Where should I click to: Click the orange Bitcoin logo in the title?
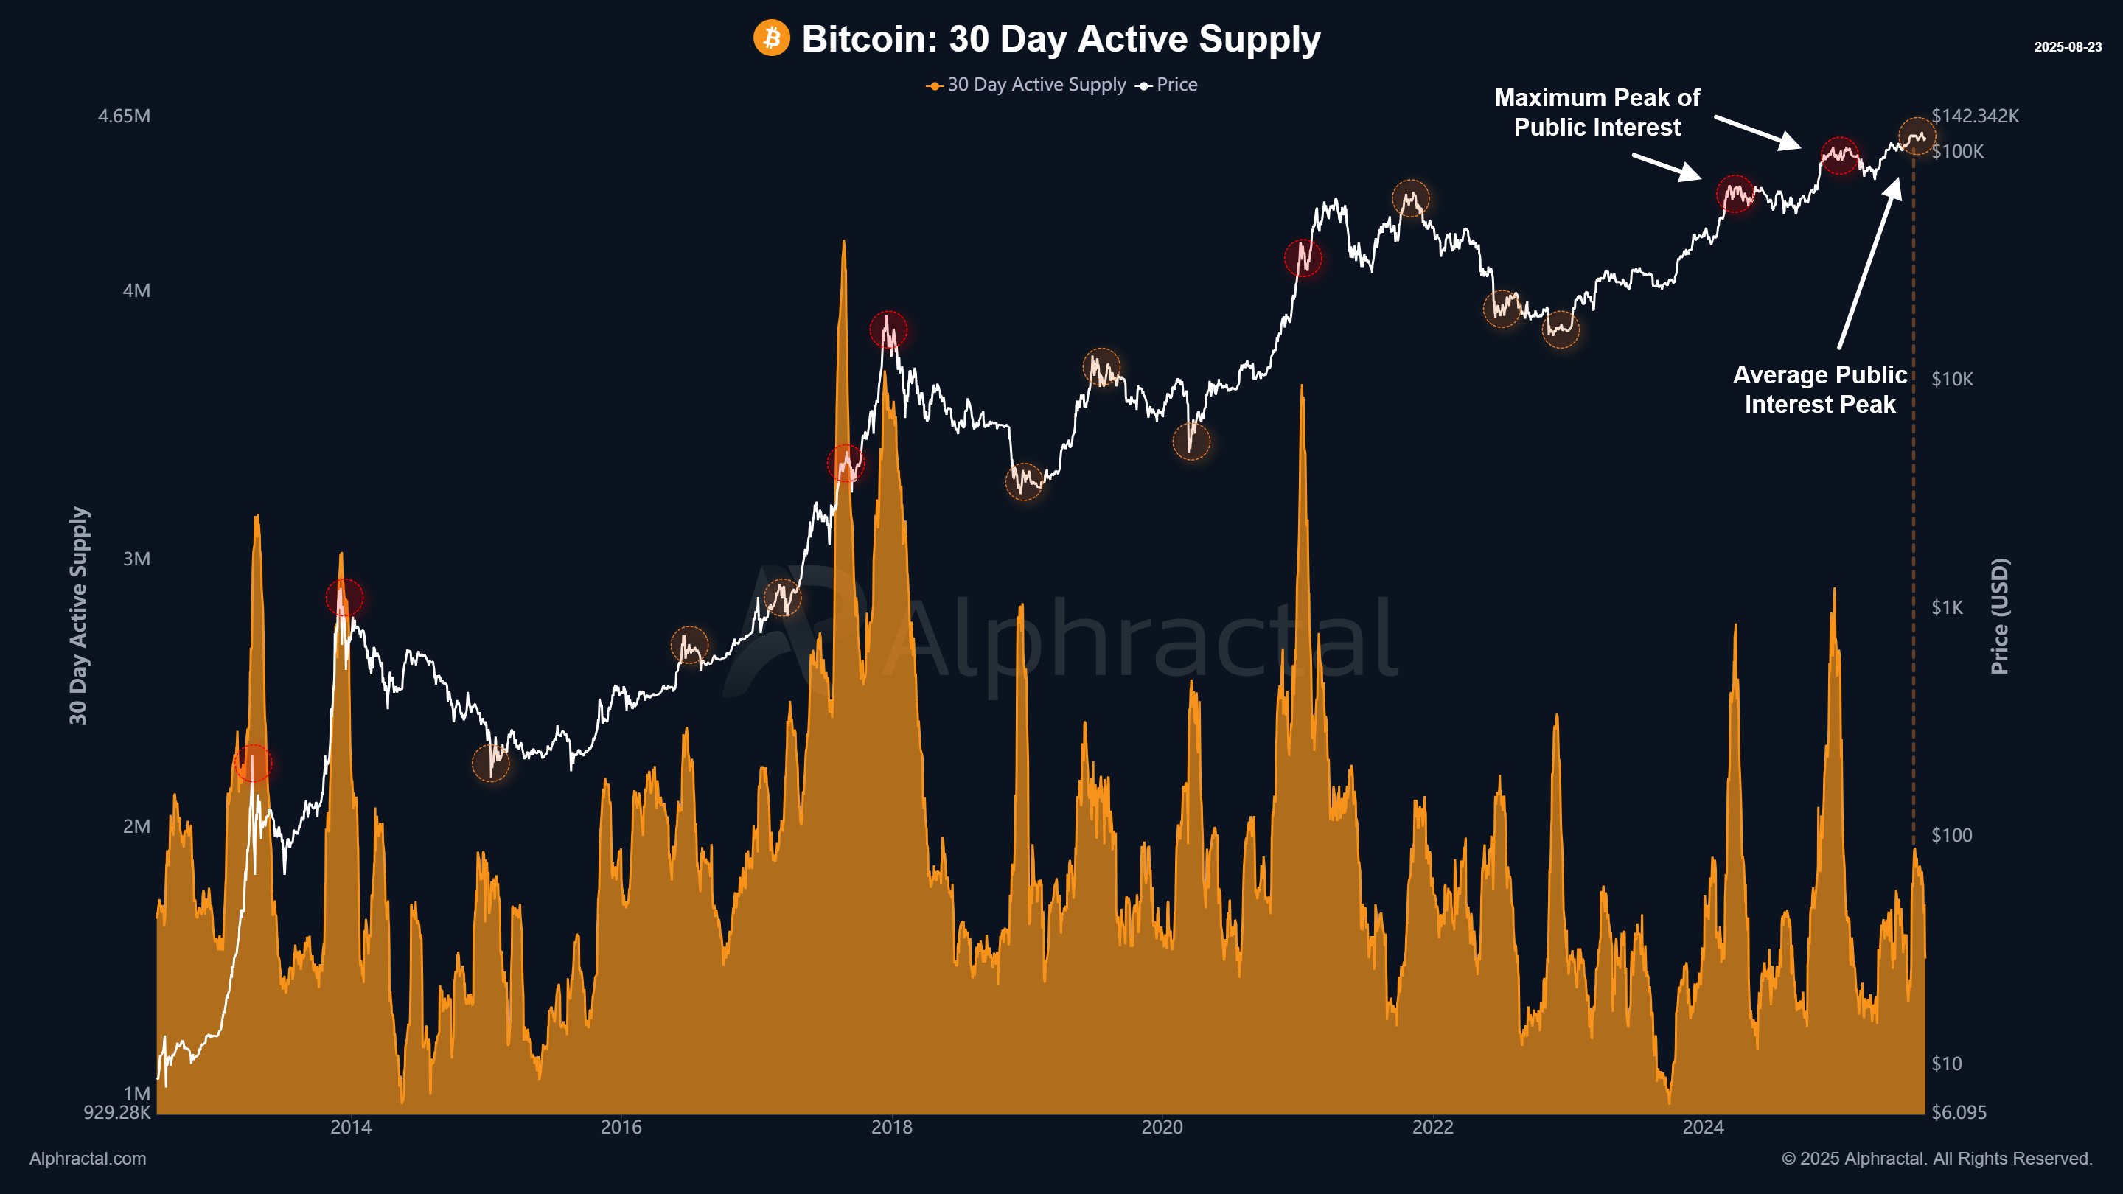pos(771,38)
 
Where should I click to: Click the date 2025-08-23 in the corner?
pos(2067,47)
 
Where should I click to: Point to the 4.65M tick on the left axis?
pos(124,116)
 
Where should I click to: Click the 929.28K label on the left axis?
pos(116,1112)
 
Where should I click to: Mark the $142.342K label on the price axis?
pos(1975,116)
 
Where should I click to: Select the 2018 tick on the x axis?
pos(892,1127)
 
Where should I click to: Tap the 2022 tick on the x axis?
pos(1432,1127)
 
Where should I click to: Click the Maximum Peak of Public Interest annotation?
pos(1597,113)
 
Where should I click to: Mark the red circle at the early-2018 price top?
pos(888,330)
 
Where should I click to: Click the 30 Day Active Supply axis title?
pos(78,615)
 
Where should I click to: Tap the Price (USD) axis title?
pos(1999,615)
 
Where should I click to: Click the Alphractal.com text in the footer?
pos(88,1159)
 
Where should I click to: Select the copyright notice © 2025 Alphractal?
pos(1936,1159)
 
